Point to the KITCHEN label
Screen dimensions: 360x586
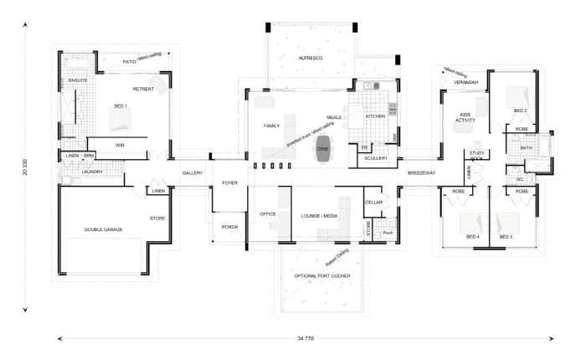click(x=374, y=116)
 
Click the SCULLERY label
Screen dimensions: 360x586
click(x=377, y=158)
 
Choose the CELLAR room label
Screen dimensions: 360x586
click(x=373, y=202)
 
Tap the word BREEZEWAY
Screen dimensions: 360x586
click(x=421, y=172)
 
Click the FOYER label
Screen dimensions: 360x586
click(x=230, y=182)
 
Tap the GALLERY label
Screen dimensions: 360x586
click(x=193, y=172)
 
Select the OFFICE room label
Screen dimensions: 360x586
click(x=267, y=214)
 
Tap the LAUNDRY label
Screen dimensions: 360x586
click(x=92, y=172)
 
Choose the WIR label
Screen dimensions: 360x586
click(x=120, y=145)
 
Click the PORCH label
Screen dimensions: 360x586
click(x=230, y=227)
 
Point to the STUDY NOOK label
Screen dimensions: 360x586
click(x=478, y=155)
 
